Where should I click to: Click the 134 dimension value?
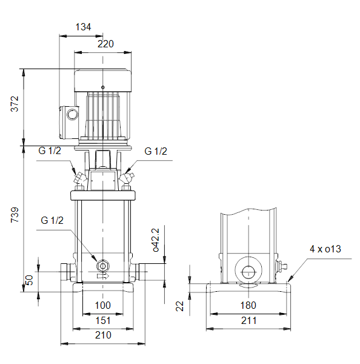(83, 27)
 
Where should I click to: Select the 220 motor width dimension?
(105, 44)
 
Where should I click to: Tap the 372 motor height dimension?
(15, 104)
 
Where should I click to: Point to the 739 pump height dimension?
(15, 215)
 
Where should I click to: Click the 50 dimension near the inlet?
(29, 280)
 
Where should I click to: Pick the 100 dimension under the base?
(103, 305)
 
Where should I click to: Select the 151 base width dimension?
(103, 320)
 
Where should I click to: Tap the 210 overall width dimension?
(103, 335)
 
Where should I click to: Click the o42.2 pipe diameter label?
(156, 240)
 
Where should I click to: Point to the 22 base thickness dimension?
(179, 306)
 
